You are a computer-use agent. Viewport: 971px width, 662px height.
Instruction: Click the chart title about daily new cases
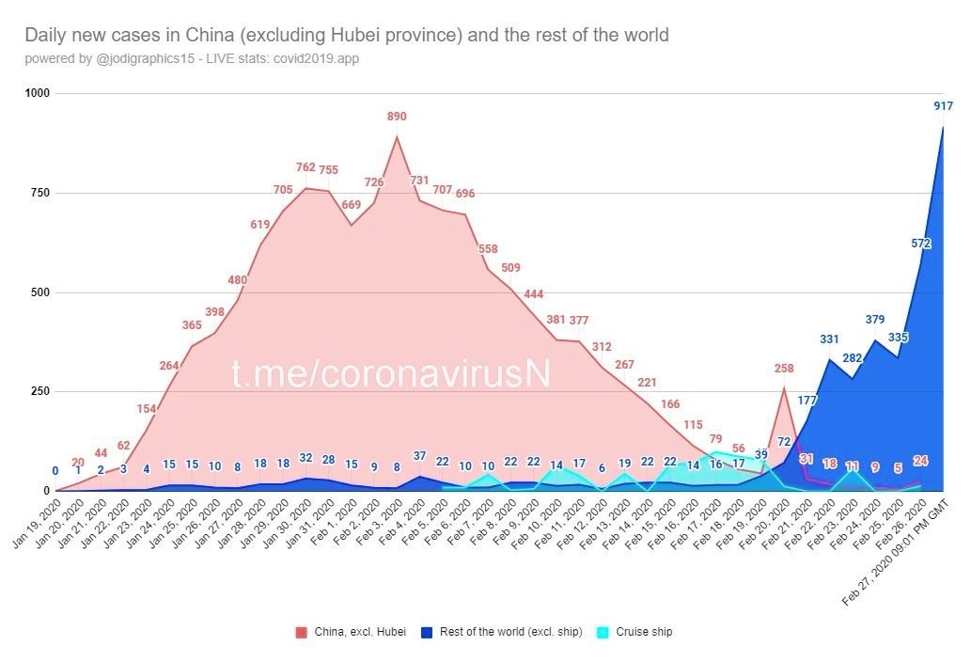coord(346,36)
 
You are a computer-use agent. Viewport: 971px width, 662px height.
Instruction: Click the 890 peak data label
coord(397,117)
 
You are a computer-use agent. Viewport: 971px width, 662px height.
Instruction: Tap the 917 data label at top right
coord(943,105)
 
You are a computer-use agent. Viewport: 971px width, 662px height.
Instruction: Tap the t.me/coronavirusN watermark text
coord(390,373)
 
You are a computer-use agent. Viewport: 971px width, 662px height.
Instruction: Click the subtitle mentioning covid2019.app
coord(192,59)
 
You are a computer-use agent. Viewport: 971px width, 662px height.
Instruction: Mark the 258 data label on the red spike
coord(784,368)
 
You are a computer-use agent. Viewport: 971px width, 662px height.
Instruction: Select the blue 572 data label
coord(920,244)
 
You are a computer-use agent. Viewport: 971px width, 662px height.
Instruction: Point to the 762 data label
coord(305,168)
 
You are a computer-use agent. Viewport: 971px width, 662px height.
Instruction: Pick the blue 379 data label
coord(875,320)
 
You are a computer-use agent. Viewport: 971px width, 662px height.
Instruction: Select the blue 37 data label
coord(419,456)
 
